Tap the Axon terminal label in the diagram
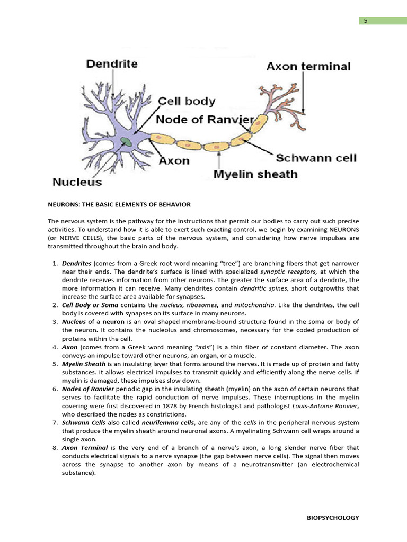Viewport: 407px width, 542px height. pos(308,67)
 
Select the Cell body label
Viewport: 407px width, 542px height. pos(187,101)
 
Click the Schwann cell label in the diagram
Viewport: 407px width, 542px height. pos(316,158)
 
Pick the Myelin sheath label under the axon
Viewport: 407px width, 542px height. pos(255,174)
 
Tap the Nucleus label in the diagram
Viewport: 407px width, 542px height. pos(77,183)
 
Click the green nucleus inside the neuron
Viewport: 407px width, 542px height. pos(126,142)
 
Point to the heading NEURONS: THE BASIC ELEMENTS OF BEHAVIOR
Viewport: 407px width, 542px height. pos(119,204)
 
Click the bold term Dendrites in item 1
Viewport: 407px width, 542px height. pos(77,263)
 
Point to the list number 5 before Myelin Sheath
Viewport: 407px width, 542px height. pos(55,364)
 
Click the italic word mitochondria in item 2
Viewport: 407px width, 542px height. pos(255,305)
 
